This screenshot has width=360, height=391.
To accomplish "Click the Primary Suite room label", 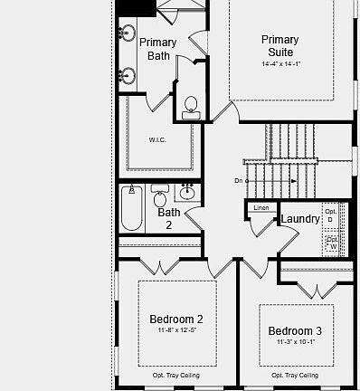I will [x=279, y=45].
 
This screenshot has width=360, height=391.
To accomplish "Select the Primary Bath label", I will [x=158, y=49].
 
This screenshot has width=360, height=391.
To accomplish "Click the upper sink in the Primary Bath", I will [x=127, y=34].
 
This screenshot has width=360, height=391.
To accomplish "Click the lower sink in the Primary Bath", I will [x=127, y=75].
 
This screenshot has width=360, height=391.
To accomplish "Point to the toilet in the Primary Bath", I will [x=191, y=107].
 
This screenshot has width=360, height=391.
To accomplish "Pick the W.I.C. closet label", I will [x=158, y=140].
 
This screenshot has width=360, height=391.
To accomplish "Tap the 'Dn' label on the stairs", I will [x=239, y=181].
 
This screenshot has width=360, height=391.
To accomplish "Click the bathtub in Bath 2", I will [x=132, y=211].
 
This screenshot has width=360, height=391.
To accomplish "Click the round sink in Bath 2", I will [x=188, y=192].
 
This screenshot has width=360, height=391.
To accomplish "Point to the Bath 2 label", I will [x=169, y=219].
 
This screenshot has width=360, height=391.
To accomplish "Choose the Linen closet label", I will [x=261, y=209].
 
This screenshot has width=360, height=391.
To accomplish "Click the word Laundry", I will [x=299, y=219].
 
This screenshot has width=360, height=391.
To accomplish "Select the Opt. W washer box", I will [x=331, y=243].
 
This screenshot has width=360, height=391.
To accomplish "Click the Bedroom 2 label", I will [x=175, y=319].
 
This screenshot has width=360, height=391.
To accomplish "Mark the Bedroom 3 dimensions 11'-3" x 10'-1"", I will [x=295, y=342].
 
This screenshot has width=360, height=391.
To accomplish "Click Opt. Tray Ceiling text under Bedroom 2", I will [x=175, y=375].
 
